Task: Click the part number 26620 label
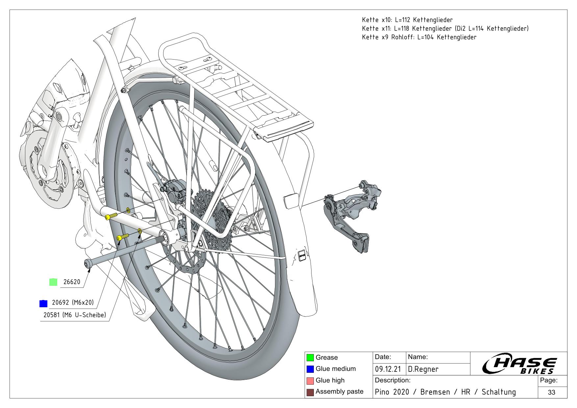pos(71,282)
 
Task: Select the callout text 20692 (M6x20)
pos(73,303)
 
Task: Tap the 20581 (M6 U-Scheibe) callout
pos(75,315)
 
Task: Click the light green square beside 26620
pos(53,282)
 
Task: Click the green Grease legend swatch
pos(310,358)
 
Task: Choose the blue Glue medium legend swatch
pos(310,369)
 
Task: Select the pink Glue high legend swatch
pos(310,381)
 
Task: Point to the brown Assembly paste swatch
pos(310,392)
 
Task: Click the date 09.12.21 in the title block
pos(388,369)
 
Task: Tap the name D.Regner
pos(423,369)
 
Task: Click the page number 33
pos(552,392)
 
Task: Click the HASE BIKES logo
pos(520,365)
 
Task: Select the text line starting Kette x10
pos(407,20)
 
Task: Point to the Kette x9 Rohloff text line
pos(419,37)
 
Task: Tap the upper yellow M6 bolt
pos(111,216)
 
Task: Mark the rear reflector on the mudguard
pos(291,201)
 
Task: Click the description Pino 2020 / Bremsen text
pos(445,392)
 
